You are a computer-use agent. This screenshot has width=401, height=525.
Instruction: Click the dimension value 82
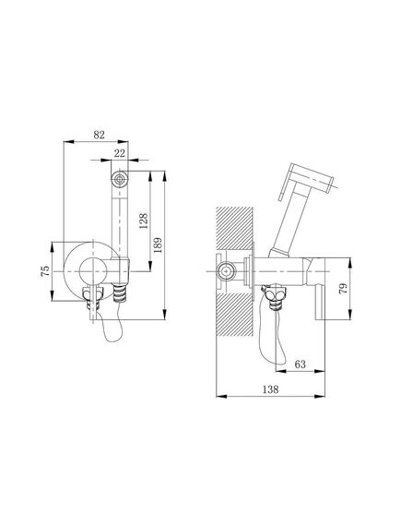(x=99, y=135)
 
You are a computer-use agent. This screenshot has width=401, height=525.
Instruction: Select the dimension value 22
(x=120, y=153)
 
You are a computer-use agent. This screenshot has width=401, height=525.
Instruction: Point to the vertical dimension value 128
(x=143, y=221)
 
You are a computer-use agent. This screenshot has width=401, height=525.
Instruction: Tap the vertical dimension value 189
(x=158, y=245)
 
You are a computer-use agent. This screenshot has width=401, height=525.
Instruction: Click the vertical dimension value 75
(x=45, y=271)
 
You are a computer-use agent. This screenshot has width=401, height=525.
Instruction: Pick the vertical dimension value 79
(x=343, y=289)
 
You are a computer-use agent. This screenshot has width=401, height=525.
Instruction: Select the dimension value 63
(x=300, y=364)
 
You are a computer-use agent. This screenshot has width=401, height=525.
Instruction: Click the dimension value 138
(x=270, y=389)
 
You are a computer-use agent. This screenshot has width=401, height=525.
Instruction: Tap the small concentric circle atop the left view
(x=120, y=179)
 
